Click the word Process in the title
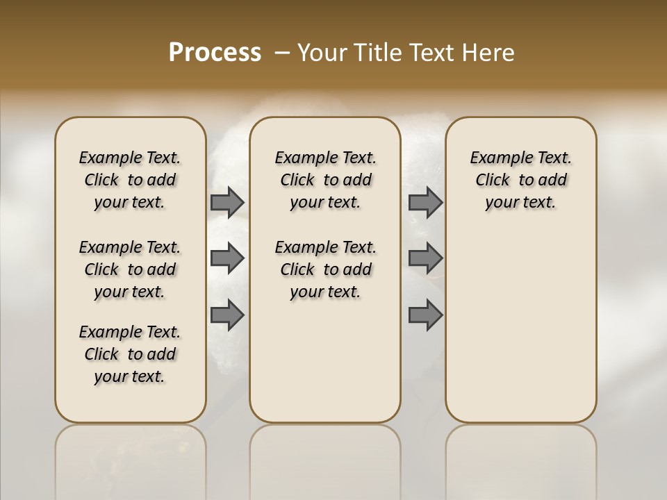[x=215, y=53]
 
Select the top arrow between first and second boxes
[x=227, y=202]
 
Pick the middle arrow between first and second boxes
[x=227, y=258]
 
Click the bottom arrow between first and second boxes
[x=227, y=315]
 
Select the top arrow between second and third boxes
[x=425, y=202]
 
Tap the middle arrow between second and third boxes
[x=425, y=258]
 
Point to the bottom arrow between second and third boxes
[x=425, y=315]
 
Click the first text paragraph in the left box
[x=130, y=180]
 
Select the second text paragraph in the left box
[x=130, y=269]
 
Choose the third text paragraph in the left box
[x=130, y=354]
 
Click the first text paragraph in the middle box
[x=325, y=180]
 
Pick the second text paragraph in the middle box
[x=325, y=269]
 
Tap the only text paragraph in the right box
[x=520, y=180]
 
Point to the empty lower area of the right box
[x=520, y=326]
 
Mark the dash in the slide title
[x=282, y=53]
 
